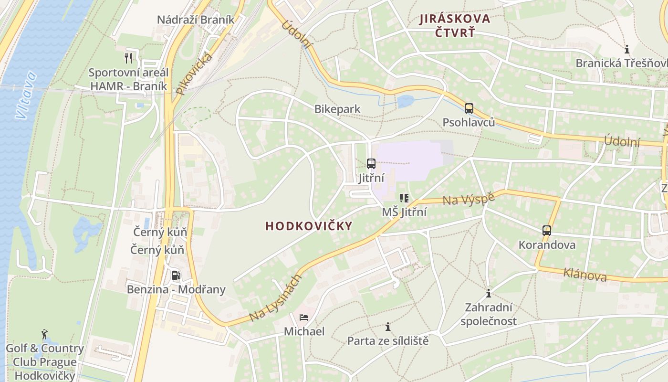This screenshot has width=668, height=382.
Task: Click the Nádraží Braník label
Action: click(196, 20)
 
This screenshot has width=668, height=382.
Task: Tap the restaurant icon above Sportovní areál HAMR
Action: click(128, 58)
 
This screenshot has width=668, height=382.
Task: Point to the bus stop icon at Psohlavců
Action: click(469, 108)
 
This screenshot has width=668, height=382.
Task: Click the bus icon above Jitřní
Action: click(371, 164)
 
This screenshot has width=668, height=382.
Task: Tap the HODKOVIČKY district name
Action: click(309, 226)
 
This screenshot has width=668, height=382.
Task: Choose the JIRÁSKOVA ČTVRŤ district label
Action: click(455, 25)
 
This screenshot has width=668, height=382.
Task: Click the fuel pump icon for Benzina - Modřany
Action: click(176, 275)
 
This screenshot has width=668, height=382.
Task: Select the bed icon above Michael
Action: click(304, 317)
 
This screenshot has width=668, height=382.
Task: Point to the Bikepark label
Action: click(337, 109)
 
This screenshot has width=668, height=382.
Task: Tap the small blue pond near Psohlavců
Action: click(406, 101)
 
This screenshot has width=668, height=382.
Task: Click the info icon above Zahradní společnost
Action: click(488, 293)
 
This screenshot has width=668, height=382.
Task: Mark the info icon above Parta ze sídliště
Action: click(388, 327)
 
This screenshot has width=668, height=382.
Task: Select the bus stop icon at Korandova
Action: click(547, 231)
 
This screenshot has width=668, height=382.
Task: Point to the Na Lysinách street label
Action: click(275, 298)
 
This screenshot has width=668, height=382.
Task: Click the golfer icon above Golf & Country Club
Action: click(44, 334)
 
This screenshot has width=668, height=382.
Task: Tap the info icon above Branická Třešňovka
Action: click(627, 49)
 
